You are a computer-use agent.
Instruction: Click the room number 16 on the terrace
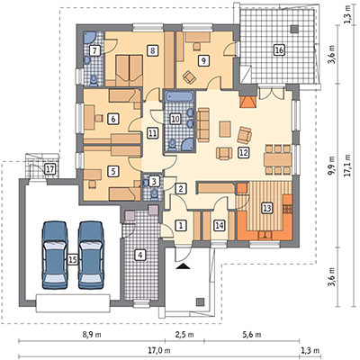279,50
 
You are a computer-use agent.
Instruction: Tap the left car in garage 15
55,255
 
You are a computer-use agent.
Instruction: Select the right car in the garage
91,255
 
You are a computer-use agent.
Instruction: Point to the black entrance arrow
184,266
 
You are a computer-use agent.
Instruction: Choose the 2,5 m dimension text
185,335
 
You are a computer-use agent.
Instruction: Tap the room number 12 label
243,153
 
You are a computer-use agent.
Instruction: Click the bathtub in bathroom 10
180,97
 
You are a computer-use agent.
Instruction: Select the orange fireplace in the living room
248,102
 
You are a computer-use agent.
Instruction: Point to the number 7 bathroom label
94,50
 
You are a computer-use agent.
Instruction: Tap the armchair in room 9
189,77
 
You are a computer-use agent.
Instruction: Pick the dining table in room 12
277,159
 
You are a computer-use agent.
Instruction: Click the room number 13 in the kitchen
266,208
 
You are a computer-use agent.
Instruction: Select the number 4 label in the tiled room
139,255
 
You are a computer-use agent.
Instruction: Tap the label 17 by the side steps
49,169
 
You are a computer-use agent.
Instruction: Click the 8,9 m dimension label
93,335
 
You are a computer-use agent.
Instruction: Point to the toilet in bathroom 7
94,80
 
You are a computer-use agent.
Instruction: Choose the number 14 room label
220,225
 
